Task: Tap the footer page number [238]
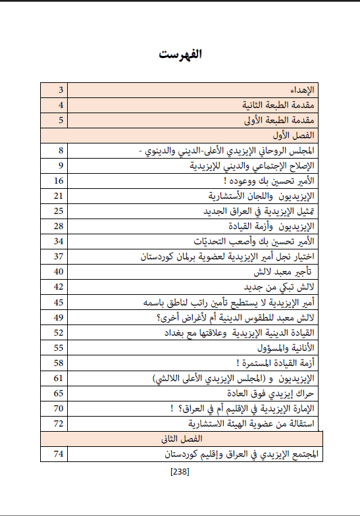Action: pyautogui.click(x=180, y=471)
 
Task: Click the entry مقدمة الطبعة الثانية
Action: pyautogui.click(x=276, y=105)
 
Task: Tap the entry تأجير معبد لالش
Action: pyautogui.click(x=282, y=271)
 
